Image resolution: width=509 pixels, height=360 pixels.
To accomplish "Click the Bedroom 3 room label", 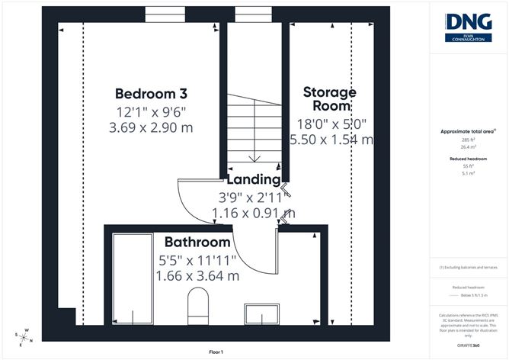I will click(151, 94).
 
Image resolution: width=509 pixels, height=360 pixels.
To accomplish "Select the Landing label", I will click(254, 180).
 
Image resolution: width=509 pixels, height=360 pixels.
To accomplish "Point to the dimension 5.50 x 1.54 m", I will click(331, 140).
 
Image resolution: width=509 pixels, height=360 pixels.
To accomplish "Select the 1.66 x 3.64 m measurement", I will click(198, 275).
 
